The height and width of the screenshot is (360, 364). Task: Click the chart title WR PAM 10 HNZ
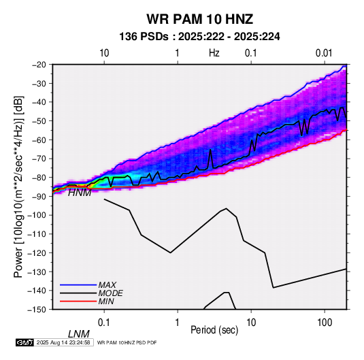pos(199,19)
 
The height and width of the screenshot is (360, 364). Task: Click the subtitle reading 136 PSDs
pos(144,37)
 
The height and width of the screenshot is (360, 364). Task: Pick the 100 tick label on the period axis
pos(325,322)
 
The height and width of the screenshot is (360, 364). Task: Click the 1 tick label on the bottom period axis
pos(178,322)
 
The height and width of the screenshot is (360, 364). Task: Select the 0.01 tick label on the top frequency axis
pos(324,53)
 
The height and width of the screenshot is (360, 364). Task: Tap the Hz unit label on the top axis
pos(214,53)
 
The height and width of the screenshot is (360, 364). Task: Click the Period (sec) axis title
pos(214,330)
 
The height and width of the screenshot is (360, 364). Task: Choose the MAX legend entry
pos(107,284)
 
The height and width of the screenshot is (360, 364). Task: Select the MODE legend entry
pos(110,293)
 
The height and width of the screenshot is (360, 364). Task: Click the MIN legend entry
pos(106,301)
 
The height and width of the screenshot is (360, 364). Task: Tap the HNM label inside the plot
pos(80,193)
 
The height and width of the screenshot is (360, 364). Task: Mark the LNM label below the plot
pos(79,334)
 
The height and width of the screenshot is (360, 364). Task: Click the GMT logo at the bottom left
pos(24,342)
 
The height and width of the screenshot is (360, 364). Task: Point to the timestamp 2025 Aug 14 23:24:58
pos(63,342)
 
